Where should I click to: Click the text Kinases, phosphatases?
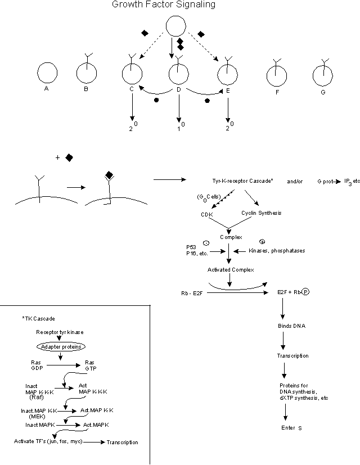[x=277, y=250]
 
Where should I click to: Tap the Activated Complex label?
[x=231, y=270]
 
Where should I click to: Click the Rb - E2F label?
[x=187, y=292]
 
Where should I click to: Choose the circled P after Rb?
[x=306, y=292]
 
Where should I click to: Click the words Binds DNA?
[x=292, y=326]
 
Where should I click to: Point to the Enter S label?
[x=292, y=428]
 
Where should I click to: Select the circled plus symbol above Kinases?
[x=262, y=242]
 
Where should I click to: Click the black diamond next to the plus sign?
[x=69, y=158]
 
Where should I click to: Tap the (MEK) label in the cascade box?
[x=38, y=417]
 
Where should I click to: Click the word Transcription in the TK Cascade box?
[x=122, y=442]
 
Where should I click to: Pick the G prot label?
[x=326, y=181]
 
